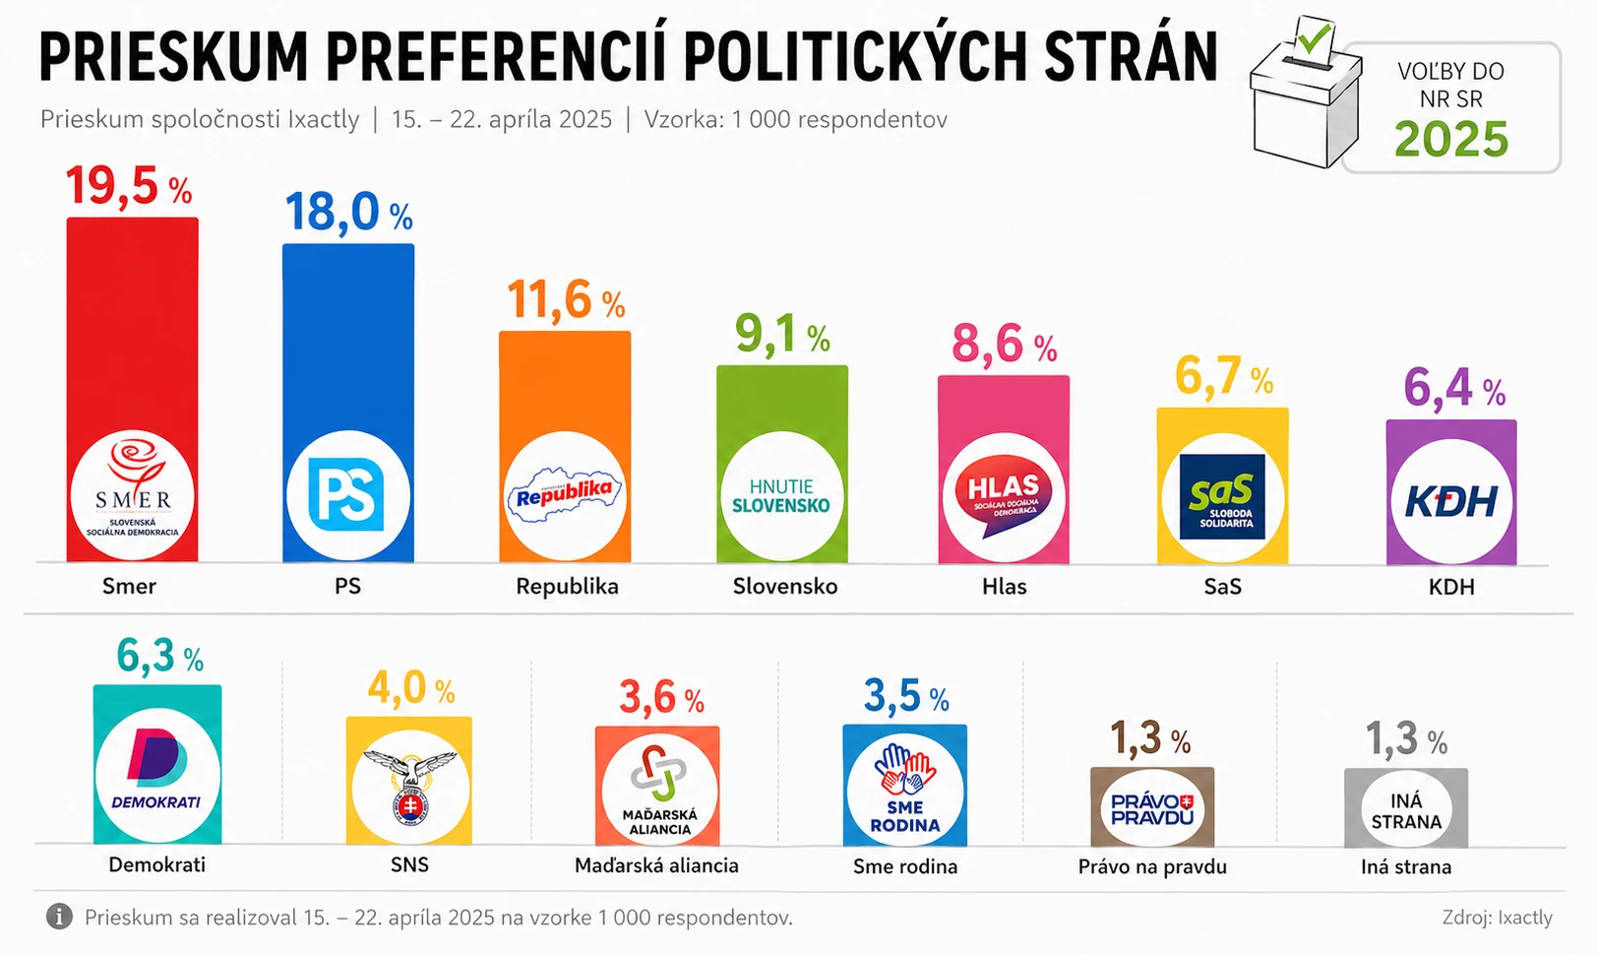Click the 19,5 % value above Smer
tap(128, 186)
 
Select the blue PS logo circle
tap(347, 494)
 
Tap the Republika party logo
tap(565, 494)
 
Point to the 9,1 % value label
tap(782, 335)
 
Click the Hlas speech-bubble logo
tap(1003, 496)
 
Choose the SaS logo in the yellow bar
tap(1222, 496)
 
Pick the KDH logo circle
tap(1450, 500)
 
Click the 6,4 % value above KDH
tap(1453, 387)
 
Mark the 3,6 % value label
tap(661, 698)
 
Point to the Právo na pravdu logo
tap(1152, 808)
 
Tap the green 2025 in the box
tap(1451, 140)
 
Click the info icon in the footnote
tap(59, 917)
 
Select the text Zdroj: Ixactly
tap(1497, 918)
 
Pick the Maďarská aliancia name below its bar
tap(656, 865)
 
